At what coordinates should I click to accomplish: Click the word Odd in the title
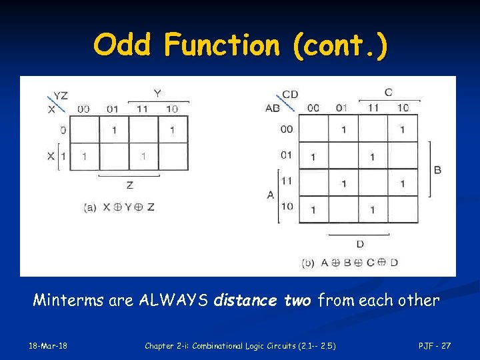click(x=124, y=45)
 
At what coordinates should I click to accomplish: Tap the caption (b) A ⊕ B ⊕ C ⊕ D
click(x=350, y=263)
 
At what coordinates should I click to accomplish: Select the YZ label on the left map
click(x=60, y=96)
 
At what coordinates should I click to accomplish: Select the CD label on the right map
click(x=290, y=95)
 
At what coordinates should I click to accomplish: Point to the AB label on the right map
click(x=273, y=108)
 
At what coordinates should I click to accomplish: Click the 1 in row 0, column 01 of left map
click(x=114, y=130)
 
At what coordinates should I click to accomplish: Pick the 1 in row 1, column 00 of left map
click(x=85, y=157)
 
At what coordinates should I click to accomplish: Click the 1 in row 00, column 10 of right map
click(x=402, y=130)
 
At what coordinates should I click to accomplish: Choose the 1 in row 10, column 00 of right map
click(x=313, y=210)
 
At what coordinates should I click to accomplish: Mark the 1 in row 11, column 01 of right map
click(x=343, y=183)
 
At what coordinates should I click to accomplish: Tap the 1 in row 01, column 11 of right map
click(x=372, y=157)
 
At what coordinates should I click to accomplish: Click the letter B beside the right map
click(x=437, y=170)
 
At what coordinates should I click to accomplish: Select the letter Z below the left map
click(x=129, y=185)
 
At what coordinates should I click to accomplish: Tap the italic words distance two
click(x=262, y=301)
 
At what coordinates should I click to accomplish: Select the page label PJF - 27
click(x=434, y=345)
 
